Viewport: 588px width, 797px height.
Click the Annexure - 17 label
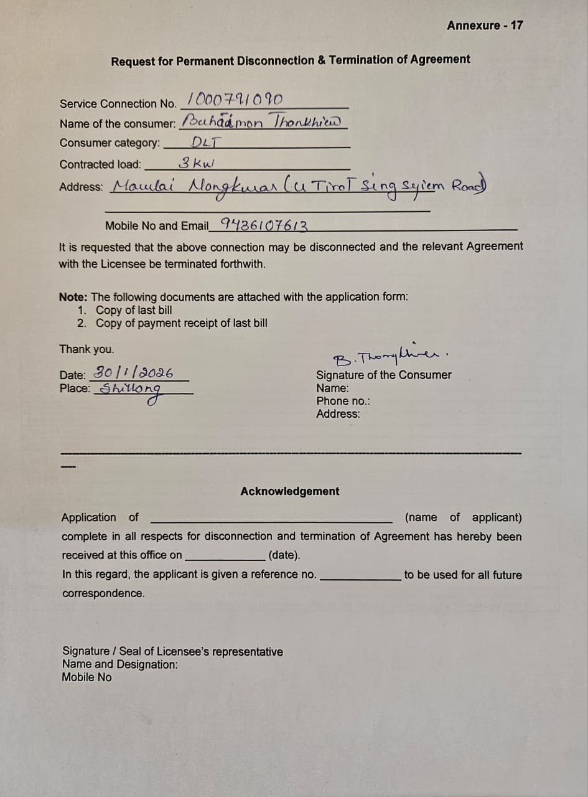click(x=485, y=26)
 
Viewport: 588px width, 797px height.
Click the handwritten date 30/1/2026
click(x=132, y=374)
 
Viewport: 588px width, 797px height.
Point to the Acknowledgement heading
click(x=290, y=491)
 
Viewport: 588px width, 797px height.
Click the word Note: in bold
click(x=73, y=296)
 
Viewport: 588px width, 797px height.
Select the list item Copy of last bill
click(x=134, y=310)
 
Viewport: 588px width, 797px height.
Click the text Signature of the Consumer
click(x=384, y=375)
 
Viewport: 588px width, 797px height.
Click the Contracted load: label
click(x=100, y=165)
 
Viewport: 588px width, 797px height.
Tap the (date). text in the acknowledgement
click(x=285, y=555)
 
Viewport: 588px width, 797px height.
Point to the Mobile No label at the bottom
click(x=86, y=677)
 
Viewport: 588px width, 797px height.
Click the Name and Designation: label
click(x=119, y=664)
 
